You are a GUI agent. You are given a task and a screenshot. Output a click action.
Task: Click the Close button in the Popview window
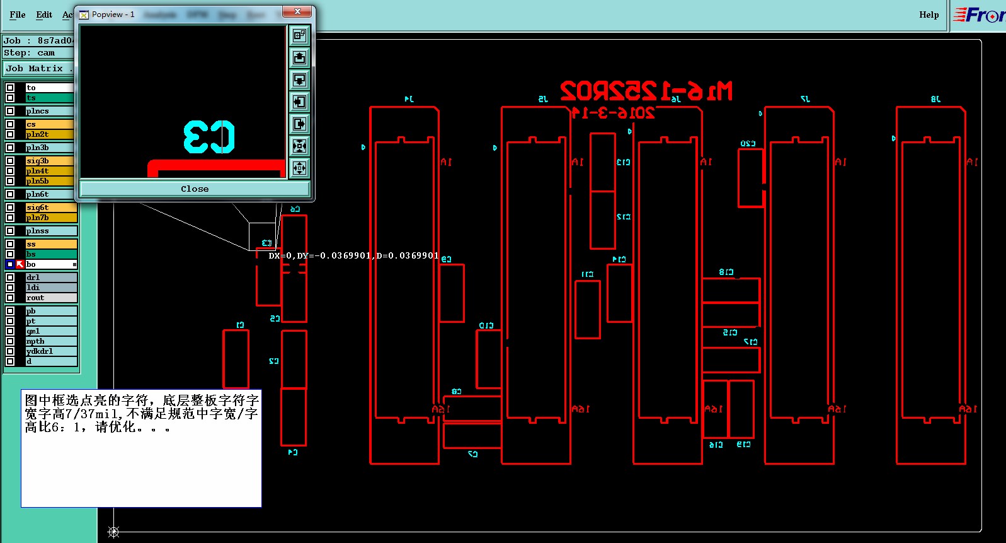point(195,189)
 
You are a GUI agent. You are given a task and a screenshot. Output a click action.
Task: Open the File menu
point(18,15)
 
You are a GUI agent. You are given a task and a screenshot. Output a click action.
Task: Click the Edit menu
point(44,15)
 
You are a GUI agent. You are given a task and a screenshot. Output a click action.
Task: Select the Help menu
point(929,15)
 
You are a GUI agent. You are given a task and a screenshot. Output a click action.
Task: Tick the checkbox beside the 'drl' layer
point(10,277)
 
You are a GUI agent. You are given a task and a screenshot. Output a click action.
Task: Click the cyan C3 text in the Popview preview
point(209,137)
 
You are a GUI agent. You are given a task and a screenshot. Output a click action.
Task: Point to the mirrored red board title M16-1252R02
point(646,92)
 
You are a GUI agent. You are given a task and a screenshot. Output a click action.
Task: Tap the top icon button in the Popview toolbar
point(299,35)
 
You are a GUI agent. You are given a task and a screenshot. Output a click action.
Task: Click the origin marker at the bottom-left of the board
point(113,532)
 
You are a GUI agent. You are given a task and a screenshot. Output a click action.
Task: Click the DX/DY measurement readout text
point(353,255)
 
